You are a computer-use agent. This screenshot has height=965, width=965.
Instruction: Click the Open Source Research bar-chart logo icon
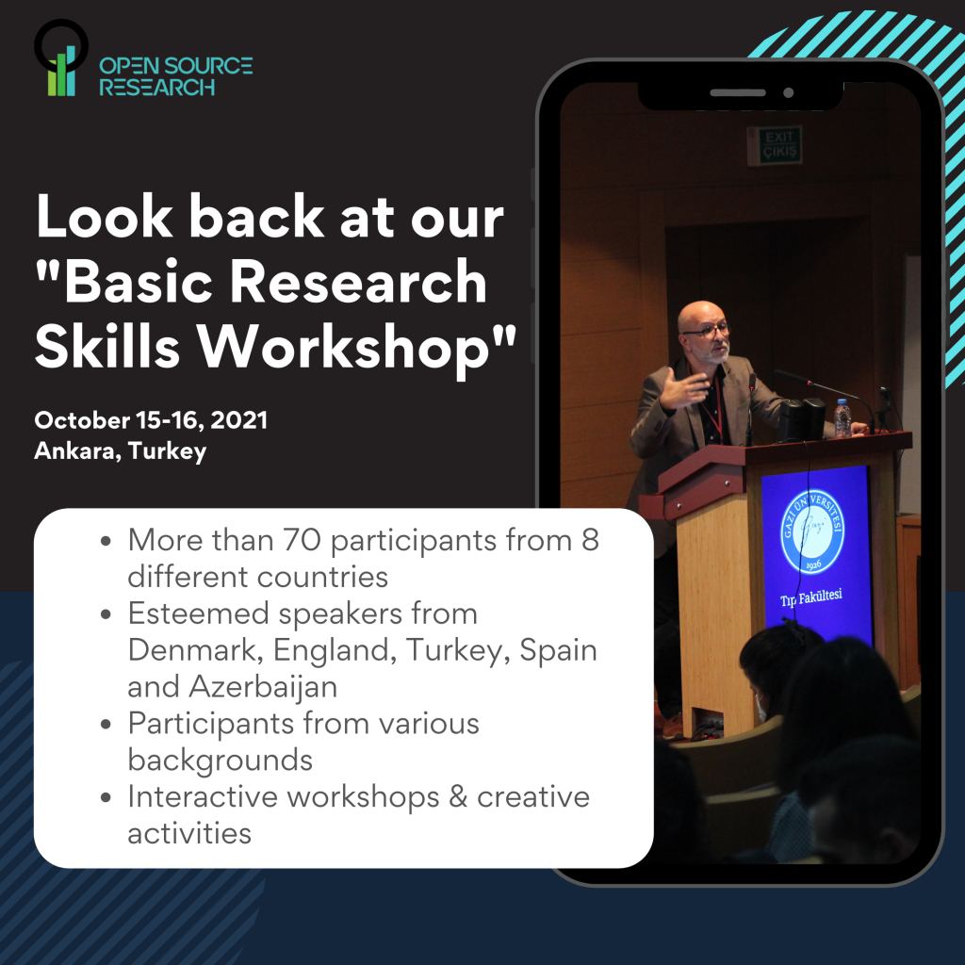(x=61, y=58)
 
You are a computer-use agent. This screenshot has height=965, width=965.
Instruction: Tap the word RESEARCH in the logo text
(x=157, y=88)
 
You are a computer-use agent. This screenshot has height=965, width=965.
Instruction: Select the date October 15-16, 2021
(x=151, y=420)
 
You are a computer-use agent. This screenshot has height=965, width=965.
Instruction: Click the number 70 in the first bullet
(x=302, y=540)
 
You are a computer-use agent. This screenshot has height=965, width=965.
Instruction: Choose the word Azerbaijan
(x=263, y=687)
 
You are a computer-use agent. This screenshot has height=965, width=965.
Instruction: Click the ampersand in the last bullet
(x=457, y=797)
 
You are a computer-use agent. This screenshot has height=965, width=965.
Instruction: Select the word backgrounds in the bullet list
(x=221, y=761)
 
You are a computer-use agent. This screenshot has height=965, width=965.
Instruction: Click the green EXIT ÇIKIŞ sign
(x=779, y=145)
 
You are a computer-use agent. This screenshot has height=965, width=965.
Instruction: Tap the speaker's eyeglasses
(x=707, y=331)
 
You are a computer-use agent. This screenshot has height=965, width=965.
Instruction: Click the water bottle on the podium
(x=842, y=418)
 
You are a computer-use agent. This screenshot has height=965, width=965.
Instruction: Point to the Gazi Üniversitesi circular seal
(x=812, y=532)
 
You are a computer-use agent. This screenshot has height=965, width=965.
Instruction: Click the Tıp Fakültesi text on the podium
(x=811, y=597)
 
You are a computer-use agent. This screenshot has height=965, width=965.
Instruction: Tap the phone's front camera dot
(x=789, y=93)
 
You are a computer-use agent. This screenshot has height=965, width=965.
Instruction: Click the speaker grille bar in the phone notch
(x=737, y=93)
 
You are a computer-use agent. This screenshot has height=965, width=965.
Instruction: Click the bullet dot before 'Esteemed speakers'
(x=106, y=614)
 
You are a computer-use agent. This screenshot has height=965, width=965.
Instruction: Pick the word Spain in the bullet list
(x=558, y=651)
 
